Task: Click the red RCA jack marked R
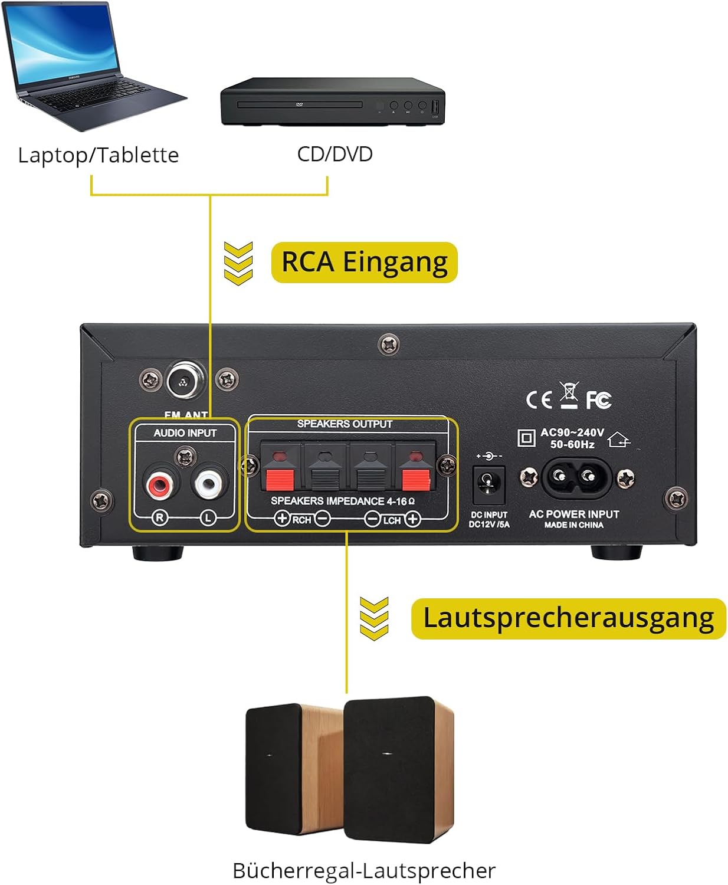159,485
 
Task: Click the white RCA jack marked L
208,484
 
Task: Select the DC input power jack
488,483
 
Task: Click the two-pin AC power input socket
574,477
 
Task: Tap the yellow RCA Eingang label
364,263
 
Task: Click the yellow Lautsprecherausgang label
568,618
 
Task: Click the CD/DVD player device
332,101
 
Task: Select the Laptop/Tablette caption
99,155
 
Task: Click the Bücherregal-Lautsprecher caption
364,870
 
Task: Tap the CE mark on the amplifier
539,401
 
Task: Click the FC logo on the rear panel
598,401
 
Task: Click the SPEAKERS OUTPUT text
345,424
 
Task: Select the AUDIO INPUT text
185,433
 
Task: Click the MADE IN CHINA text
573,525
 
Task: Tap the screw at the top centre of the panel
388,343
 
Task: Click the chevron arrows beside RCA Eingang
238,263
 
